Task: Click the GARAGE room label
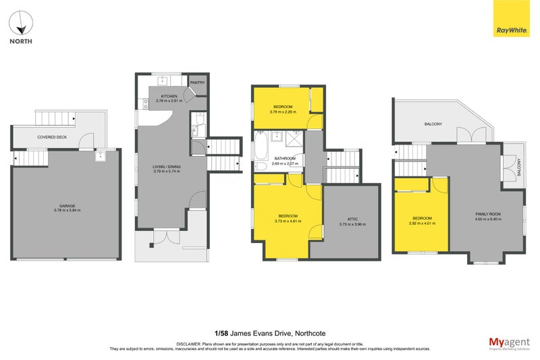[x=65, y=206]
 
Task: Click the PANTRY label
[x=197, y=82]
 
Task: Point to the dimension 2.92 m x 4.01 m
[x=423, y=224]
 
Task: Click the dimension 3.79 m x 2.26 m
[x=283, y=112]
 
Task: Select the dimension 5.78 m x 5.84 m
[x=65, y=211]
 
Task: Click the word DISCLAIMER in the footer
[x=190, y=344]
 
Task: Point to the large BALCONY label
[x=433, y=124]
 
